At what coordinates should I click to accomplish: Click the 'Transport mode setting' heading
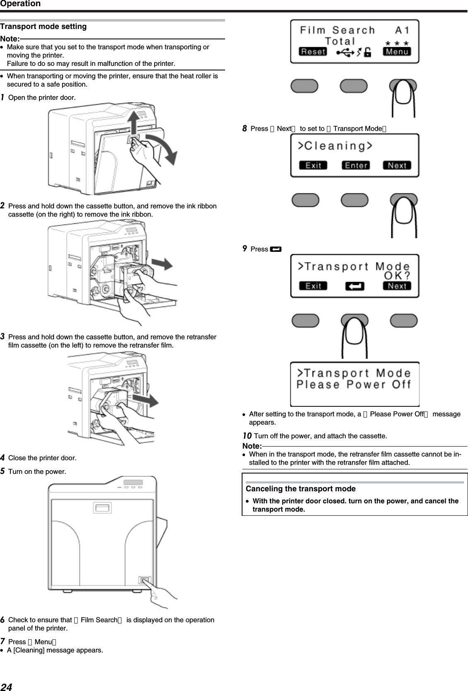pos(44,27)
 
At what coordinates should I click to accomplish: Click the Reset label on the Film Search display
pos(313,52)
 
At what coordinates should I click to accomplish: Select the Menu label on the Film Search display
pos(397,52)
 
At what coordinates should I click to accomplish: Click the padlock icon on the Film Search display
pos(367,52)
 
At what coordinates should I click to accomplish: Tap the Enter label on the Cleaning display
pos(356,166)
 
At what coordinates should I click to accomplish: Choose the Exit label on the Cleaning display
pos(313,166)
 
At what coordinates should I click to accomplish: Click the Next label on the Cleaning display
pos(397,166)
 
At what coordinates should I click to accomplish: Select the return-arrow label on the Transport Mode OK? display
pos(354,286)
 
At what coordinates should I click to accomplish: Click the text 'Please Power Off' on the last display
pos(354,384)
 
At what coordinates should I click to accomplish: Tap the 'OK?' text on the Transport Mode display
pos(397,275)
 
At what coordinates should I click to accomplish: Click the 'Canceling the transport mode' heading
pos(301,489)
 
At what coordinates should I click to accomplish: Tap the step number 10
pos(247,436)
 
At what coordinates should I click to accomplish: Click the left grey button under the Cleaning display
pos(306,200)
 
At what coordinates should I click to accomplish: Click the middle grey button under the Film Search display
pos(354,86)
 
